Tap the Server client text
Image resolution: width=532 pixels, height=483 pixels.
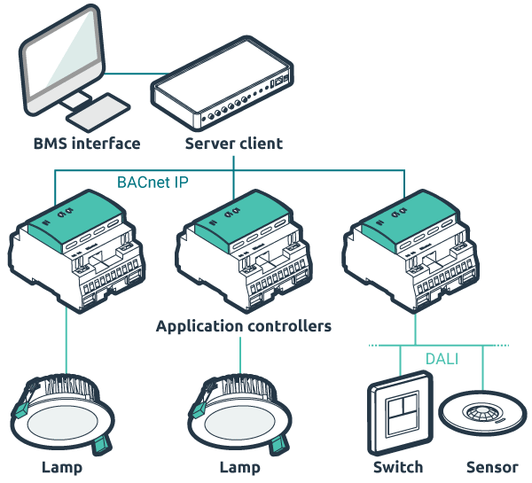point(233,143)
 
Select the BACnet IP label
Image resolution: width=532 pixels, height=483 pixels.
point(153,183)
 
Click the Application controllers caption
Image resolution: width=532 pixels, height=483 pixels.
point(243,326)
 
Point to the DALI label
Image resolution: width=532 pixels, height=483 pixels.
point(441,357)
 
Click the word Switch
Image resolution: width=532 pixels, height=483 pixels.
point(398,467)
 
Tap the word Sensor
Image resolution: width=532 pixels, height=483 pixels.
point(492,467)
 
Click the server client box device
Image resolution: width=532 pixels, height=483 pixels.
point(222,94)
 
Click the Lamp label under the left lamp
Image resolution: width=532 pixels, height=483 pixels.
point(62,467)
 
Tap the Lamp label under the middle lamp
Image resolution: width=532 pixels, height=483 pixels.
point(239,467)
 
